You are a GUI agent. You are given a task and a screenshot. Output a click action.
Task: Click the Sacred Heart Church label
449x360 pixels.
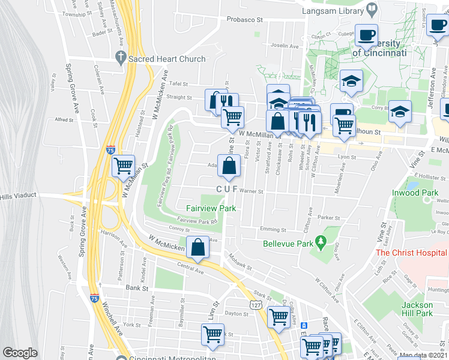click(x=166, y=59)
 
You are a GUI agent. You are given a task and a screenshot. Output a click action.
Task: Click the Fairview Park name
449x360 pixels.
click(x=210, y=208)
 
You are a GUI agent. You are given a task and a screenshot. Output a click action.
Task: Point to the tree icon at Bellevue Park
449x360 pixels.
click(x=321, y=242)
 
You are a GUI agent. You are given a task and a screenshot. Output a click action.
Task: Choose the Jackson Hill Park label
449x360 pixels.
click(x=417, y=309)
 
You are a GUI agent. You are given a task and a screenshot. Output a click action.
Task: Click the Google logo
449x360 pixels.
click(x=19, y=353)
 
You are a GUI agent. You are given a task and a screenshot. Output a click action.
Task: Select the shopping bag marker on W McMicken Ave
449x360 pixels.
click(x=197, y=247)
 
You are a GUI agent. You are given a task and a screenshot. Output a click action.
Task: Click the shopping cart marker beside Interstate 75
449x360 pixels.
click(x=123, y=164)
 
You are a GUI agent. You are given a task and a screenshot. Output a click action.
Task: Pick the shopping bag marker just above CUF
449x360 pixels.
click(x=229, y=166)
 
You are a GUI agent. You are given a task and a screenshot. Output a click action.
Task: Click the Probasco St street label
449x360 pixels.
click(x=245, y=20)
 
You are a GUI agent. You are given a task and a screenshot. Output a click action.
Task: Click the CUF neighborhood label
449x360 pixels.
click(x=228, y=190)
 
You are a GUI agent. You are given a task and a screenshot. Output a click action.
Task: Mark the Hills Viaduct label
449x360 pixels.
click(x=19, y=196)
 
